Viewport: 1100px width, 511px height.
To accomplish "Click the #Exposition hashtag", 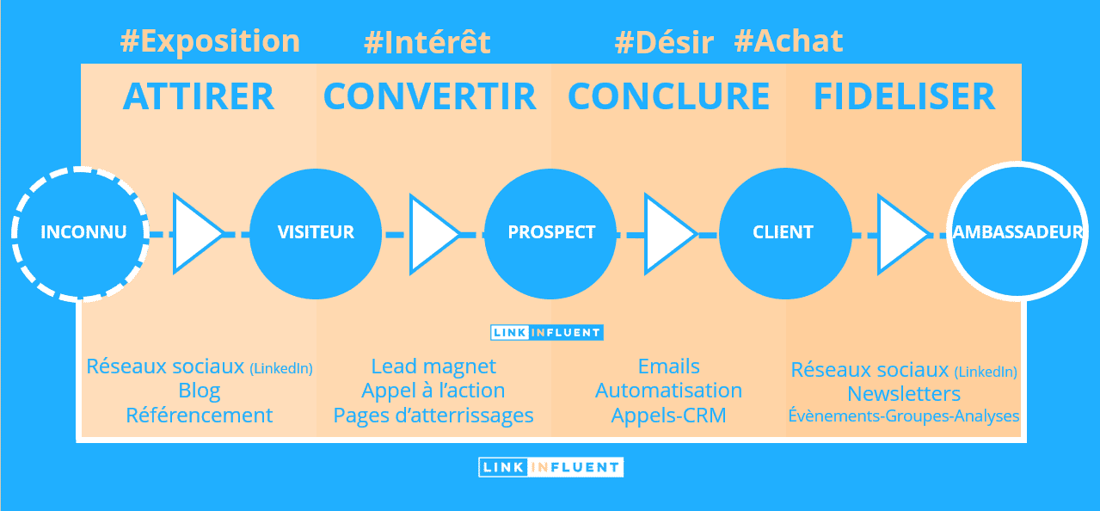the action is tap(210, 41).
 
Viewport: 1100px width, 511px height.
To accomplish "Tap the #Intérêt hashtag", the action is tap(427, 42).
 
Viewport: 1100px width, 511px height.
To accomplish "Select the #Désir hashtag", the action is tap(664, 42).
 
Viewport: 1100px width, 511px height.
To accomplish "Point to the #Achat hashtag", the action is tap(788, 40).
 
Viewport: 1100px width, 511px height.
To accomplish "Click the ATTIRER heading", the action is tap(199, 96).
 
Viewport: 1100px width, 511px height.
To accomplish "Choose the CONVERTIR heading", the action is tap(430, 96).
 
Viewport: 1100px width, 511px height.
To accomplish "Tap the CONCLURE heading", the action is tap(668, 96).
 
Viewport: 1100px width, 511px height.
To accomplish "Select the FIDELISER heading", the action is tap(904, 96).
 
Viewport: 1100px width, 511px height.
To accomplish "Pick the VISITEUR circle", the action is tap(316, 234).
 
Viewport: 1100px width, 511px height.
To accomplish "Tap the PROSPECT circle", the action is tap(550, 234).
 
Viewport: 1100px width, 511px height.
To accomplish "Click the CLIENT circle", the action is tap(785, 234).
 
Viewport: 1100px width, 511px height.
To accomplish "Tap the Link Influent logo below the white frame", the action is tap(551, 467).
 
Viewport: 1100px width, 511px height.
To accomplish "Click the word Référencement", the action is tap(199, 416).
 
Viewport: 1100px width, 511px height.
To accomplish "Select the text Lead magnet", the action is tap(433, 366).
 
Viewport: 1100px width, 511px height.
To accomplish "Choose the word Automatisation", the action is tap(668, 391).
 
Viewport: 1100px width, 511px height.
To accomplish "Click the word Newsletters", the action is tap(904, 394).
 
